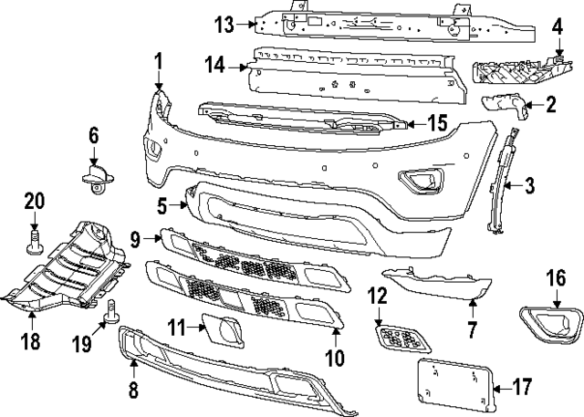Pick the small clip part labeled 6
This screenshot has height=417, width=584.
[x=94, y=173]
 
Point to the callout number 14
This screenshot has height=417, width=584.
[x=216, y=65]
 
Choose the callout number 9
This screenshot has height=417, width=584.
[x=133, y=240]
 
